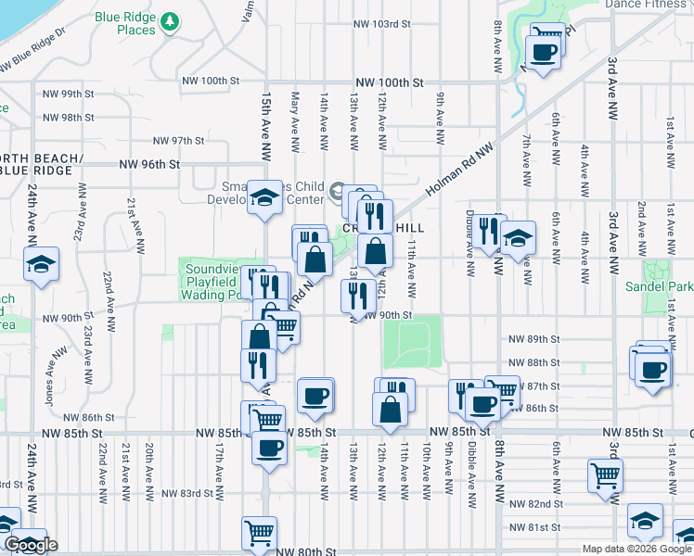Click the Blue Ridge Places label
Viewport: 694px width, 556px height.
point(136,24)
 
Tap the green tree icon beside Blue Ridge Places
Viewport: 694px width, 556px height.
point(169,19)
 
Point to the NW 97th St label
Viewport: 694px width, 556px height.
point(178,140)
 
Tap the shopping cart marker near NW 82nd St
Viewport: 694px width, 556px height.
point(605,475)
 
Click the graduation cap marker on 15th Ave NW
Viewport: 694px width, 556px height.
point(264,197)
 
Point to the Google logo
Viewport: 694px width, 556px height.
point(30,545)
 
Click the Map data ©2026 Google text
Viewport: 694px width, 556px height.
point(636,549)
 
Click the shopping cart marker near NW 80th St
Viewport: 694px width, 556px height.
point(259,533)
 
